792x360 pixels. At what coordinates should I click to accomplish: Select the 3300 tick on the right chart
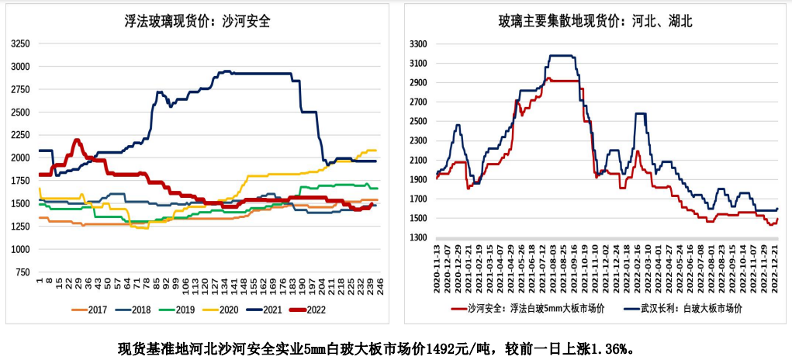point(418,43)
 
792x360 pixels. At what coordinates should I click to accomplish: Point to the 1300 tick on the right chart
point(418,238)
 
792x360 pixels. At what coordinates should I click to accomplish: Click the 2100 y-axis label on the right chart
point(418,161)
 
